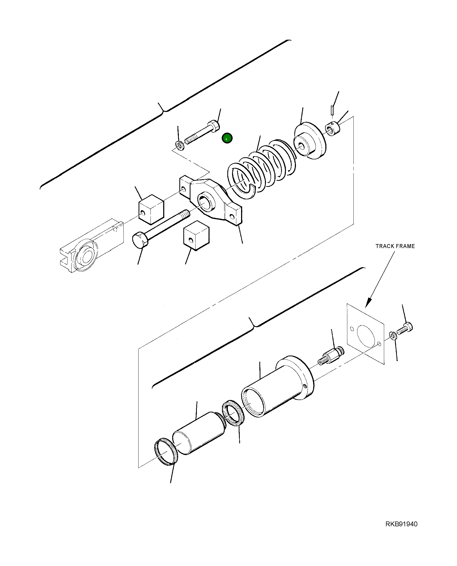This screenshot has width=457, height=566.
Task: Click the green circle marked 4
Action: [x=227, y=138]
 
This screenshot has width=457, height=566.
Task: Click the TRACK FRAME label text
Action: [x=395, y=246]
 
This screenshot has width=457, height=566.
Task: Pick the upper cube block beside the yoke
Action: [x=151, y=209]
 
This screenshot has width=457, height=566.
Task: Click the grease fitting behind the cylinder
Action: [x=331, y=356]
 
